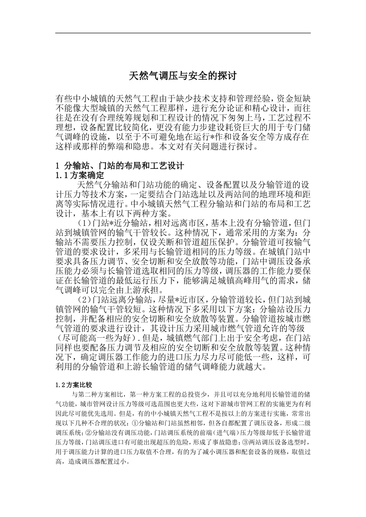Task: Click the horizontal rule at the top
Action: point(183,33)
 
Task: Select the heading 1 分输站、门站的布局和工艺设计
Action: point(120,166)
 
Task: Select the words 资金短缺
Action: point(294,97)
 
